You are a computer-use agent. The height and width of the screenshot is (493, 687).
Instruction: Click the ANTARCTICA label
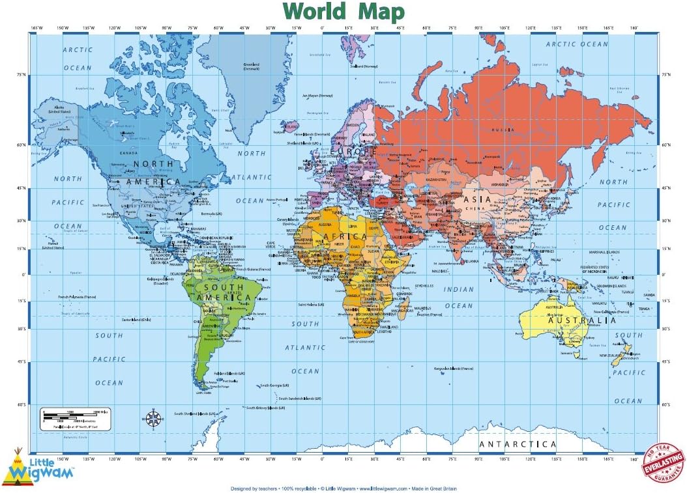(518, 445)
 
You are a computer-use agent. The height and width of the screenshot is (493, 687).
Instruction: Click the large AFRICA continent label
(346, 236)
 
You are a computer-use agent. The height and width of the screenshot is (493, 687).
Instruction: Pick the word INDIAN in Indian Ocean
(459, 289)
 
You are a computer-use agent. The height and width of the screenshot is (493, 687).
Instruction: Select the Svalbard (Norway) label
(364, 66)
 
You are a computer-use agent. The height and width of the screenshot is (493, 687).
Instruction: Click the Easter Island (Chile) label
(136, 320)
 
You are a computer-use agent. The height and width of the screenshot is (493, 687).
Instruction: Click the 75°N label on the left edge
(21, 75)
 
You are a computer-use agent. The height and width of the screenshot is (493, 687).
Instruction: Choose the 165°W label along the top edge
(37, 28)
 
